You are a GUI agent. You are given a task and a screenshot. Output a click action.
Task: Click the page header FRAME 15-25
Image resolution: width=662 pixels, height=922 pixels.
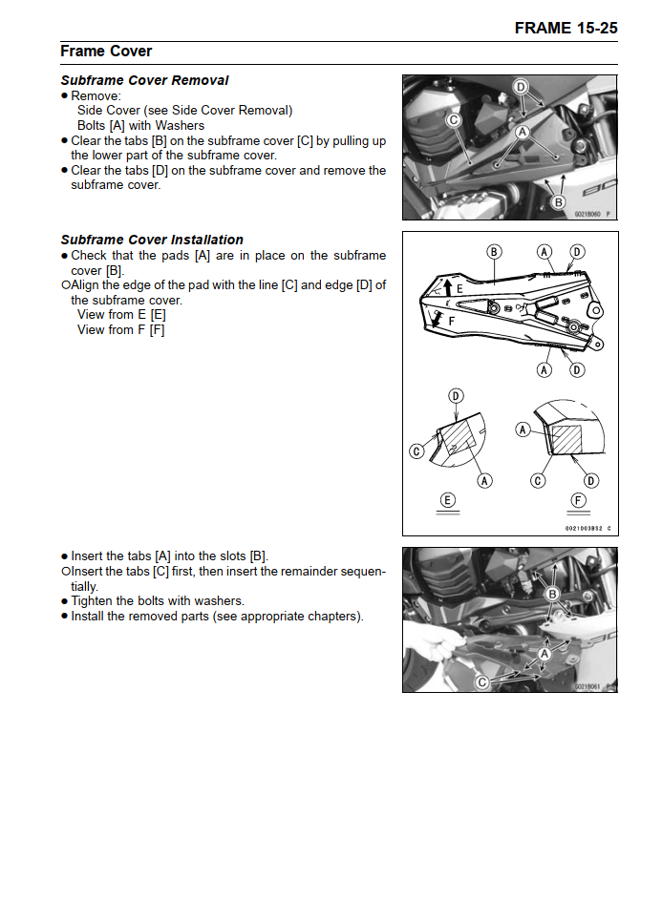(566, 28)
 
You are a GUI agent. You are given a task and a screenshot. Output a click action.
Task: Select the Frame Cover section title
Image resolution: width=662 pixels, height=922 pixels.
(106, 51)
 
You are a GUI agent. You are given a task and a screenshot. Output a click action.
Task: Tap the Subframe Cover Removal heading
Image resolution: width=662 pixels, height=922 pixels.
(144, 80)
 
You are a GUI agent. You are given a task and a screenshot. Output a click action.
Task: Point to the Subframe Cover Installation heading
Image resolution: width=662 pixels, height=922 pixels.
(152, 240)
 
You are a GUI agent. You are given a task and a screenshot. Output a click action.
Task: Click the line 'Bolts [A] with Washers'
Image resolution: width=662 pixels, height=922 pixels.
(140, 125)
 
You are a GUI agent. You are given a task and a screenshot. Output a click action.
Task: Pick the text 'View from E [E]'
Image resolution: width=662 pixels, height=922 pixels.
(121, 314)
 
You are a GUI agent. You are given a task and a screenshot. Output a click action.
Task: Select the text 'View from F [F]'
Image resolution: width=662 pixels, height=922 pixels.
(120, 329)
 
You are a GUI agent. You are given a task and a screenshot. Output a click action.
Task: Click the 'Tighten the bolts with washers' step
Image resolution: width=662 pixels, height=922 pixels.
(158, 601)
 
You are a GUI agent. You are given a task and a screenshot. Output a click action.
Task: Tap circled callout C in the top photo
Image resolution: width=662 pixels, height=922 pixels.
(455, 120)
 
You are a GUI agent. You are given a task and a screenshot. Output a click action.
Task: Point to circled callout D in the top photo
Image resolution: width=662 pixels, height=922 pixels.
(521, 87)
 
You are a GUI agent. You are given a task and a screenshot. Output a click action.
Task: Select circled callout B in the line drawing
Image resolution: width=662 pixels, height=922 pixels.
(494, 252)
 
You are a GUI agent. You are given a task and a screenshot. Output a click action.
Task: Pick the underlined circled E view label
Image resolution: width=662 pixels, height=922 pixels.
(447, 500)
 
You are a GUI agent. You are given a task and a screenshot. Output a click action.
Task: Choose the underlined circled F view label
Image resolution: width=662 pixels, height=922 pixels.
(578, 500)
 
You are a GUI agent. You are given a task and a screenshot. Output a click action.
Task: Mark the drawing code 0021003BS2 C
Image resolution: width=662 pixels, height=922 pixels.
(581, 528)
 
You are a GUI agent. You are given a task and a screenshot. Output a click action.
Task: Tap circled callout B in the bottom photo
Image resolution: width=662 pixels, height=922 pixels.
(552, 595)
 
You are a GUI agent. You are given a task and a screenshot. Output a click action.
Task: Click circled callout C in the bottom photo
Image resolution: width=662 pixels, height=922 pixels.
(482, 681)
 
